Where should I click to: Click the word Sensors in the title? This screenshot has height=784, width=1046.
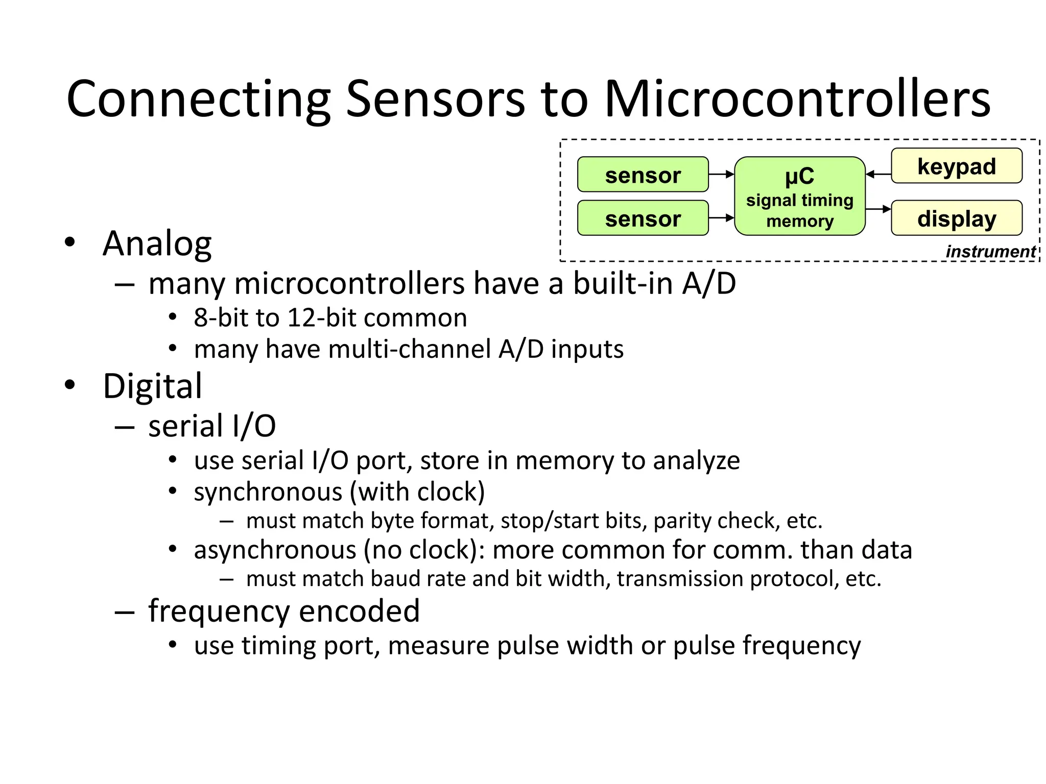click(435, 99)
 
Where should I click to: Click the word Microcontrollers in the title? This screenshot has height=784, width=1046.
click(797, 99)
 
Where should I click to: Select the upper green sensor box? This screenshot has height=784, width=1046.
click(643, 175)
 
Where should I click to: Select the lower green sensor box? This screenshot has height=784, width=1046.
click(643, 218)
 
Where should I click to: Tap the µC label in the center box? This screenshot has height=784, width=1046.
click(799, 177)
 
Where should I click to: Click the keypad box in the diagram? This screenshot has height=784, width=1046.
click(956, 166)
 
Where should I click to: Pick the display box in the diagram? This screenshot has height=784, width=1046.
click(956, 218)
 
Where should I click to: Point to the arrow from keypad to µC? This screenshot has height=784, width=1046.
click(878, 175)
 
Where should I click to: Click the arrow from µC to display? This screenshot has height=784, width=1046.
click(878, 209)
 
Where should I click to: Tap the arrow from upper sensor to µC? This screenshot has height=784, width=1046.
click(721, 175)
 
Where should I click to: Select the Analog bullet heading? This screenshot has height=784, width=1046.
click(157, 243)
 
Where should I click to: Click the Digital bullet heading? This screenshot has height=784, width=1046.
click(152, 386)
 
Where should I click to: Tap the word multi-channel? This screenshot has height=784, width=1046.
click(410, 350)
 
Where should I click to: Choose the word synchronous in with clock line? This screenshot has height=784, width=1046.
click(268, 492)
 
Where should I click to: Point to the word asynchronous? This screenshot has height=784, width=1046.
click(275, 550)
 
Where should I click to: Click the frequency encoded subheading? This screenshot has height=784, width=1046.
click(283, 611)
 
